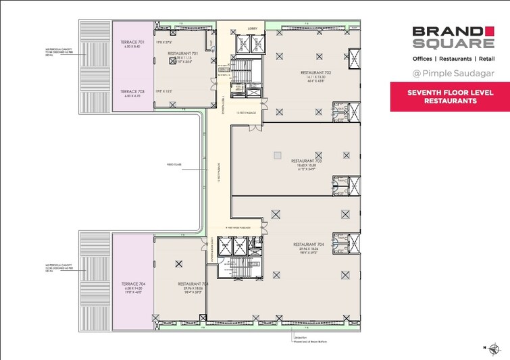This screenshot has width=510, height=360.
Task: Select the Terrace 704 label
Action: [134, 284]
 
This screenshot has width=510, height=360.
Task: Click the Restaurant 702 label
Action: [315, 72]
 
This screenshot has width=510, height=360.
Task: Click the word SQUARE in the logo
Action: [444, 44]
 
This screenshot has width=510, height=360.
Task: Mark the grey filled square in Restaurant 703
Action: [276, 156]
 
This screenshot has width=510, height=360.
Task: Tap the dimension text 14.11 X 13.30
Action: [315, 78]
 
